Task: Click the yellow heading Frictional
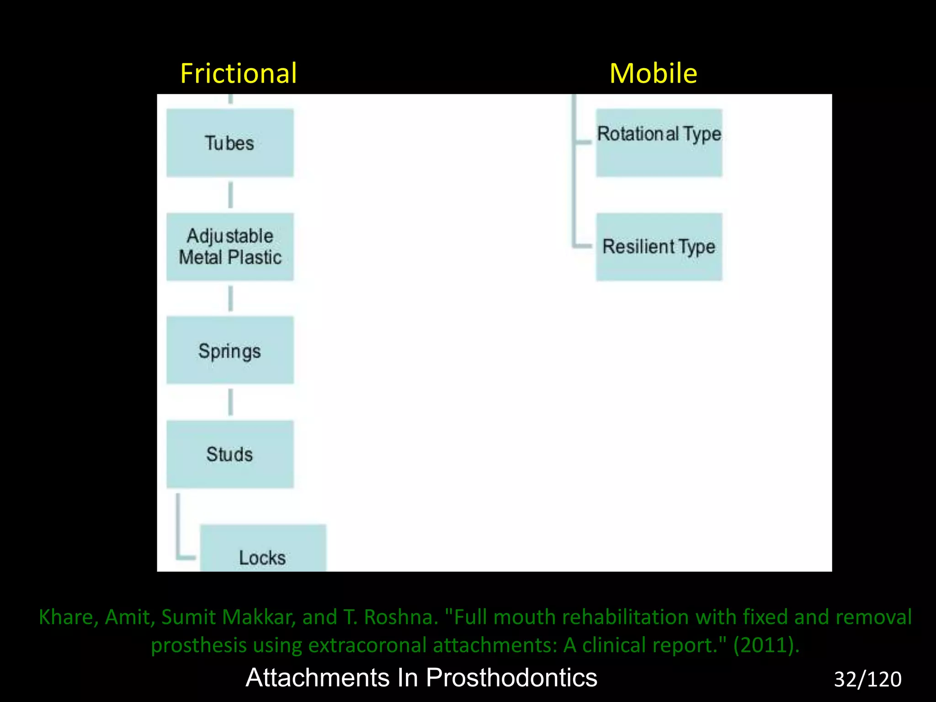(238, 73)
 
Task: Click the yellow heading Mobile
(653, 73)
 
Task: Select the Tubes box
(229, 143)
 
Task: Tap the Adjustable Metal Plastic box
(229, 247)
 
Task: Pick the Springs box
(229, 351)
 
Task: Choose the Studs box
(229, 454)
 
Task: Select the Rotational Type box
(659, 143)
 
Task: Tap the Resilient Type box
(659, 247)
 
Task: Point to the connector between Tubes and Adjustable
(230, 195)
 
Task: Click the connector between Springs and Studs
(230, 402)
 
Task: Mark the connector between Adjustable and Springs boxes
(230, 299)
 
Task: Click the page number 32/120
(867, 679)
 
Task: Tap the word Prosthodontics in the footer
(511, 677)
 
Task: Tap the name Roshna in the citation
(400, 617)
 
